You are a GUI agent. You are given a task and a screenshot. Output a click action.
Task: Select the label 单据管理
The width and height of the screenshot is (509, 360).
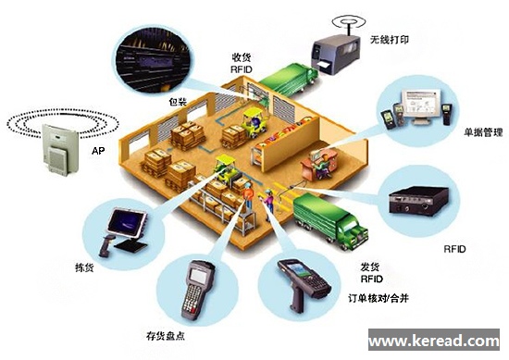click(x=482, y=133)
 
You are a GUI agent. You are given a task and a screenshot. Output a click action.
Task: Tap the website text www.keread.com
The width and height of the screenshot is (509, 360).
click(x=436, y=340)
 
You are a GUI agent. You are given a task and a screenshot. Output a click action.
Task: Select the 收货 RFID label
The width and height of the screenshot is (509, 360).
click(x=242, y=62)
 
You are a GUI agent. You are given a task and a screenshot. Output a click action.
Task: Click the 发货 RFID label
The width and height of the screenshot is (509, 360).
click(x=370, y=271)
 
